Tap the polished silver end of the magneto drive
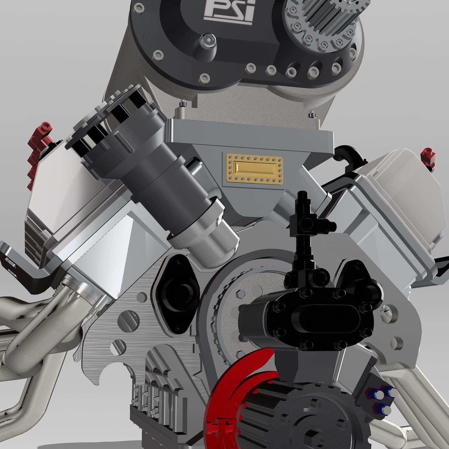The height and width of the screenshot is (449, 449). [x=206, y=240]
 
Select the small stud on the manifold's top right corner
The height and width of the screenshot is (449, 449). [x=311, y=114]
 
